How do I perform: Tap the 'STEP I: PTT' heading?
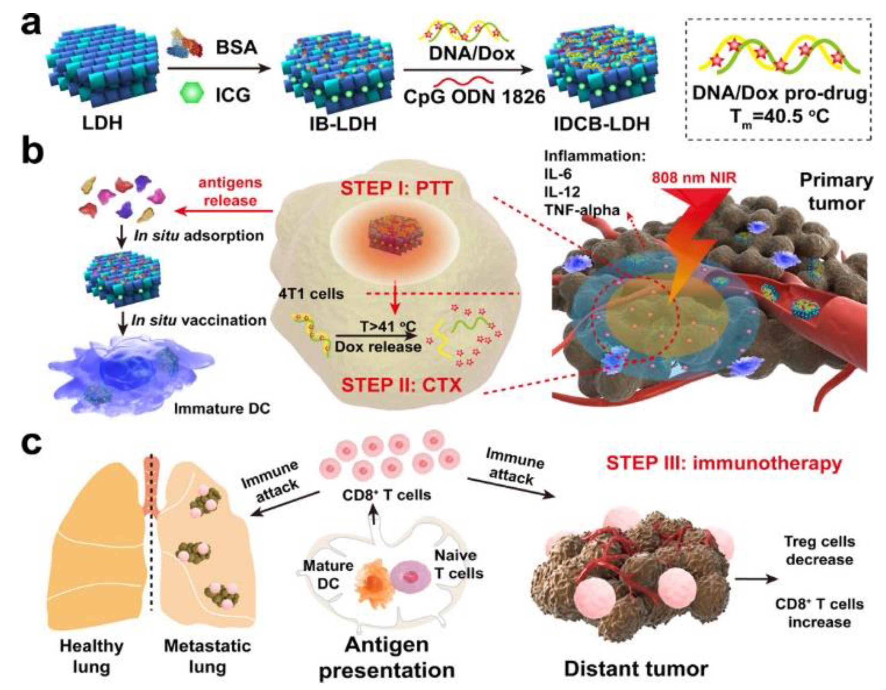tap(396, 189)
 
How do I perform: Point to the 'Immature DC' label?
tap(222, 409)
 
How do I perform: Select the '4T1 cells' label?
tap(311, 293)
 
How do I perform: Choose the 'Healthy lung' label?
tap(92, 656)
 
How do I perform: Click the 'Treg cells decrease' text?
tap(820, 550)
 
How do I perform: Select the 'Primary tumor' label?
tap(836, 192)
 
